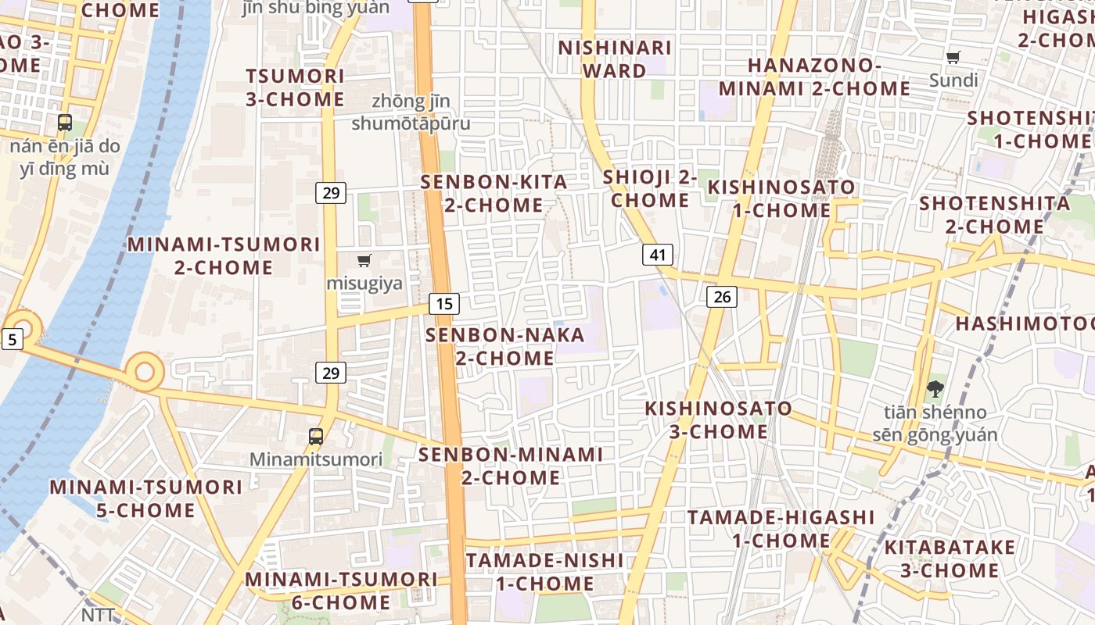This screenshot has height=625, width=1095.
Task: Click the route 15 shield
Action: [444, 304]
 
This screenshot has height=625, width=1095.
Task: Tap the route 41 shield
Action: [658, 254]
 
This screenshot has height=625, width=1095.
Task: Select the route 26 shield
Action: [721, 296]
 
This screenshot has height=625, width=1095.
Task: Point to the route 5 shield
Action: [12, 339]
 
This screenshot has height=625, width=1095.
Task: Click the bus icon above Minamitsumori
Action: [316, 437]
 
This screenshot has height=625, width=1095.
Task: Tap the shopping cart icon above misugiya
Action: [364, 260]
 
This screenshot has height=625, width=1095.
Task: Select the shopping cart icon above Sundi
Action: [953, 57]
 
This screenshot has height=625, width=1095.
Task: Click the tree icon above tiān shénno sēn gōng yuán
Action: [935, 388]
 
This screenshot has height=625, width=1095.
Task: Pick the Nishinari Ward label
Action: [615, 59]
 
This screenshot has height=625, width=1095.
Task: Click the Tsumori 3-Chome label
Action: [295, 87]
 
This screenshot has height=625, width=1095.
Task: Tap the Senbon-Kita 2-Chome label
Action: [494, 194]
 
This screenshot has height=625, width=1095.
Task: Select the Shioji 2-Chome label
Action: [650, 188]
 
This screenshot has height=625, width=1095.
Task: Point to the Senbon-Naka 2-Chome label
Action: [504, 347]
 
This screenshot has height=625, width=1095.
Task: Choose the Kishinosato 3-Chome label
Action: [718, 420]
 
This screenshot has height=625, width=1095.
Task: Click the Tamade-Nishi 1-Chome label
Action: [545, 572]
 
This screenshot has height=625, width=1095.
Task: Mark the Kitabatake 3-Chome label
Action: [950, 559]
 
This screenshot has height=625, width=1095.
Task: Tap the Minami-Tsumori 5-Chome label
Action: [145, 498]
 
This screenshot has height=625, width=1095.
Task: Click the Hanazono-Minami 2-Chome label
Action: [814, 77]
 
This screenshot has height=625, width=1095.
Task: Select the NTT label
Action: [98, 615]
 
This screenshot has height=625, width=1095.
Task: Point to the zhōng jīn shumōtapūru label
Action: [411, 112]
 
